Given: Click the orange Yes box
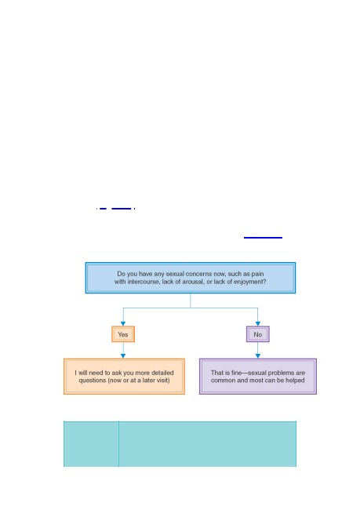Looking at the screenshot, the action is coord(123,334).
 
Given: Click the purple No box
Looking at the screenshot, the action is coord(258,334).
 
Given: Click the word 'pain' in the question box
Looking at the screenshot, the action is coord(257,274).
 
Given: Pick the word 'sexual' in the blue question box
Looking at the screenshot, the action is coord(175,274).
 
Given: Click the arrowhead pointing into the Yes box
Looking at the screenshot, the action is coord(123,323).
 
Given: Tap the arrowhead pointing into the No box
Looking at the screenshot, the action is coord(258,323).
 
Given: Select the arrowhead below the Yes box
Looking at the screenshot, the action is coord(123,356).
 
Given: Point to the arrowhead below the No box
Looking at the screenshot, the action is coord(258,356).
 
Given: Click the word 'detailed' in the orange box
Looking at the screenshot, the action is coord(162,373).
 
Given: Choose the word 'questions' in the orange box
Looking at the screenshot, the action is coord(92,381).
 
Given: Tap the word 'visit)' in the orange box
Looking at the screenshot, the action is coord(162,381).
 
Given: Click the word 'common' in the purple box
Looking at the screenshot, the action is coord(223,381).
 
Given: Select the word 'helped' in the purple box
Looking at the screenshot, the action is coord(295,381).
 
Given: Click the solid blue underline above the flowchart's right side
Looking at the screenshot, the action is coord(263,238).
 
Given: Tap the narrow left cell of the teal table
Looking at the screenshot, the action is coord(91,443).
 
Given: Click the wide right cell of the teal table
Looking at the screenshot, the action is coord(208,443).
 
